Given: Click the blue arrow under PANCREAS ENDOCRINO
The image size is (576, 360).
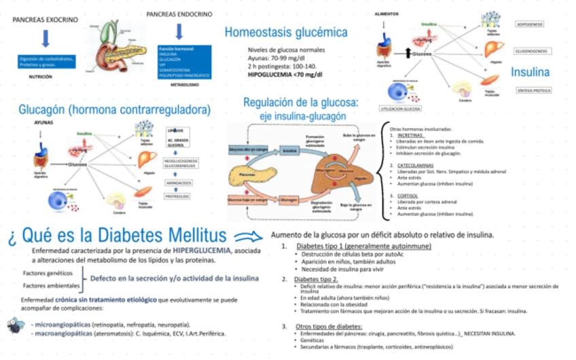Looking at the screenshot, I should (x=179, y=31).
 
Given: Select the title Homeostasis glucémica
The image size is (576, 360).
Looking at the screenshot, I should (x=286, y=32).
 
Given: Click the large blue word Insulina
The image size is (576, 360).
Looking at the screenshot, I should (x=530, y=71).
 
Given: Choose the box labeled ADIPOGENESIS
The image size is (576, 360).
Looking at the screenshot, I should (x=529, y=24).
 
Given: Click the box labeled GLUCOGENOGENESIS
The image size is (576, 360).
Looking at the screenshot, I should (x=533, y=51).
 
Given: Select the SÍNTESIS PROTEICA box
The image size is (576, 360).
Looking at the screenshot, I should (x=533, y=90).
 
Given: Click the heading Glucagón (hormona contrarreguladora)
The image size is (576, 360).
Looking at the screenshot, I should (x=115, y=109).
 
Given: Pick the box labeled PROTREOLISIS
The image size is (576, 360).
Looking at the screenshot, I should (x=177, y=196).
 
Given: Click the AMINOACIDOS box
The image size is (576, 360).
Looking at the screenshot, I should (x=177, y=182).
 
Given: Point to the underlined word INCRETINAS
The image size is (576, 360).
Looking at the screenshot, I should (x=410, y=134).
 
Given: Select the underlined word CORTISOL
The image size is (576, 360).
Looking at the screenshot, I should (x=408, y=196).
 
